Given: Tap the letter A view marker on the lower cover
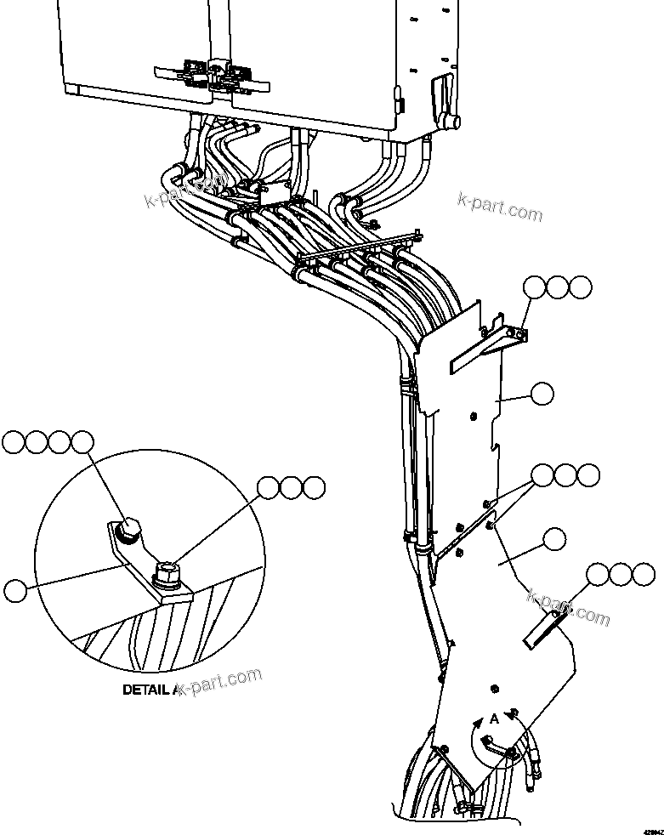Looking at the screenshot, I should pos(494,719).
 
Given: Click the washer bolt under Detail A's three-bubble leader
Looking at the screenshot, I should pos(167,573).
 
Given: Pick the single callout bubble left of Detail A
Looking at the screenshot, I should pos(16,588).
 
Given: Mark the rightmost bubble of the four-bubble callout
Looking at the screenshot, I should pos(82,441).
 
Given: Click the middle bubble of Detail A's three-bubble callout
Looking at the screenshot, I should pos(292,487).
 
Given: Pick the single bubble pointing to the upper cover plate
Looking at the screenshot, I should pos(540,393).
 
